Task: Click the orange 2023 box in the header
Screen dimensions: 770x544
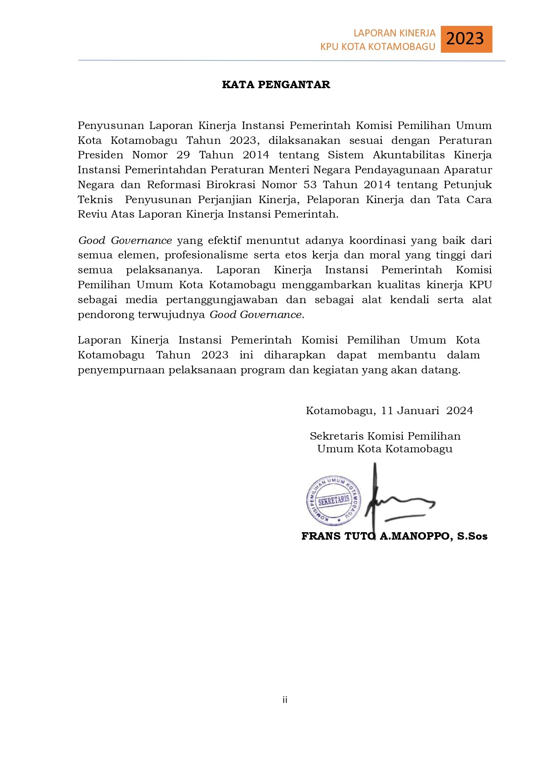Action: [x=466, y=39]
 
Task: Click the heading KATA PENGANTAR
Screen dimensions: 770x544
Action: [x=276, y=85]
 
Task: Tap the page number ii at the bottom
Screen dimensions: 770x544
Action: [x=285, y=700]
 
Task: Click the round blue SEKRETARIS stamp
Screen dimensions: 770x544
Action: [x=333, y=501]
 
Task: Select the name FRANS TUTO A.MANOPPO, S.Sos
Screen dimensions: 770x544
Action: [x=394, y=536]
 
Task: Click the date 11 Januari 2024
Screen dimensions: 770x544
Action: [x=427, y=411]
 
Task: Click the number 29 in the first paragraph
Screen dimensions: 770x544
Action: [x=183, y=155]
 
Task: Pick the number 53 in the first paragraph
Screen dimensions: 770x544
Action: [x=310, y=185]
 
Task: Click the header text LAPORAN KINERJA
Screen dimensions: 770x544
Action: [x=394, y=33]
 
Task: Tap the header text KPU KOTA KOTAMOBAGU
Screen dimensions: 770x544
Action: [x=377, y=47]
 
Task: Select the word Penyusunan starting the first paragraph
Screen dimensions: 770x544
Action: [x=111, y=125]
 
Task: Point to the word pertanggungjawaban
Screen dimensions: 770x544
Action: [x=222, y=300]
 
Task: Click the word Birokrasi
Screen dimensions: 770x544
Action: [x=231, y=185]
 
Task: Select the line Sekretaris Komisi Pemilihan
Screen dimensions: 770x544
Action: [x=385, y=436]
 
